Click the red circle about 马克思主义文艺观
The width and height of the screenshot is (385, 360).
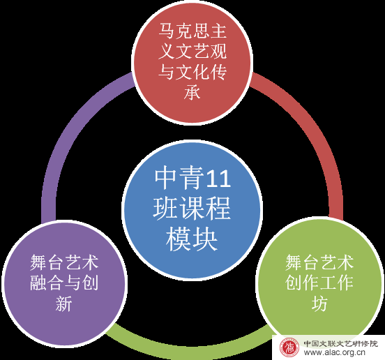coord(192,61)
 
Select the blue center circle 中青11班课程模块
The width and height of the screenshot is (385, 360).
coord(192,210)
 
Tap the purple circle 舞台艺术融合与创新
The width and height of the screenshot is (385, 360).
coord(64,283)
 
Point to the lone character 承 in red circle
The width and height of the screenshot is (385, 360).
coord(192,92)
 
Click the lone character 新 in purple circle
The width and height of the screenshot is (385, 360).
coord(64,303)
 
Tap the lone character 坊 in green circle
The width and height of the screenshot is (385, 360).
coord(319,303)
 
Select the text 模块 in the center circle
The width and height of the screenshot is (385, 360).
coord(192,239)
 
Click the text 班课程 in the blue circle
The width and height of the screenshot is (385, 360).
coord(192,208)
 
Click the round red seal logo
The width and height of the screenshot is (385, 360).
coord(289,347)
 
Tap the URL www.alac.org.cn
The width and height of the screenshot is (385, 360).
coord(334,352)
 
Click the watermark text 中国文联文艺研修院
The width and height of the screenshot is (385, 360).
coord(341,343)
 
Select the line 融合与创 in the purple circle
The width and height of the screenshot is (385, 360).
coord(64,283)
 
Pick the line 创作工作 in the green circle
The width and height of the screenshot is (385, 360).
coord(319,283)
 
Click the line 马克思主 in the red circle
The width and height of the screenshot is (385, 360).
coord(192,31)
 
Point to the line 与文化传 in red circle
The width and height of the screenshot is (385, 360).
coord(192,72)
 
